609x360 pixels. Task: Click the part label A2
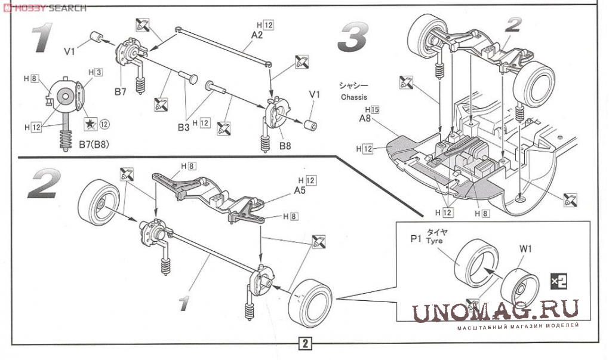(257, 35)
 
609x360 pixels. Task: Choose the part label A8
(365, 119)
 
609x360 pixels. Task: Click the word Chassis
(354, 97)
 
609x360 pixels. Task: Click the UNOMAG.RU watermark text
(494, 310)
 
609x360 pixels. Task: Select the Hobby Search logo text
(45, 8)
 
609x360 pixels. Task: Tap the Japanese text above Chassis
(353, 85)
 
